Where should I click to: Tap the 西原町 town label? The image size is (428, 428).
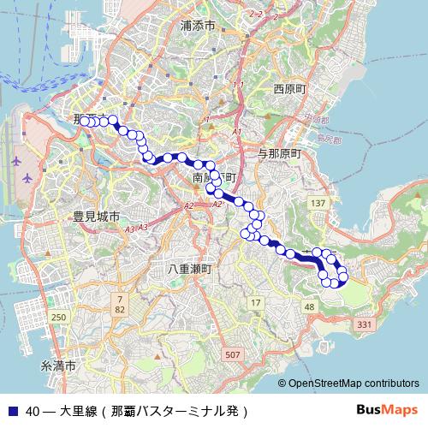pos(289,88)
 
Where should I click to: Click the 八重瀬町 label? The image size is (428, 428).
pos(190,269)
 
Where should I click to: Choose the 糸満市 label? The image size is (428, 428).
pos(59,366)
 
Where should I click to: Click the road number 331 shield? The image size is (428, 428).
pos(364,324)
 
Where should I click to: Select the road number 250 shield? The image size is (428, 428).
pos(58,318)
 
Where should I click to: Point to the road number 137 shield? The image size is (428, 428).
pos(318,203)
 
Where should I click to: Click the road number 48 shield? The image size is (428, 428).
pos(309,306)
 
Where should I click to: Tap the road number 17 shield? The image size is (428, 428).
pos(254,303)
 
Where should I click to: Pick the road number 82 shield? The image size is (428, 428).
pos(119,308)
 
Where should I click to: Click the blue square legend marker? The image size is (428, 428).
pos(12,411)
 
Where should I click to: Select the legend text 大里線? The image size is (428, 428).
pos(77,411)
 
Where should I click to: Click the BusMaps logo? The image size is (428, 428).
pos(387,410)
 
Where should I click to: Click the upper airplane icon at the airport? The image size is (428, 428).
pos(16,160)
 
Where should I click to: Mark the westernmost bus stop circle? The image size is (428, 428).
pos(84,122)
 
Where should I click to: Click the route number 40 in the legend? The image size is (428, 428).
pos(33,411)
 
